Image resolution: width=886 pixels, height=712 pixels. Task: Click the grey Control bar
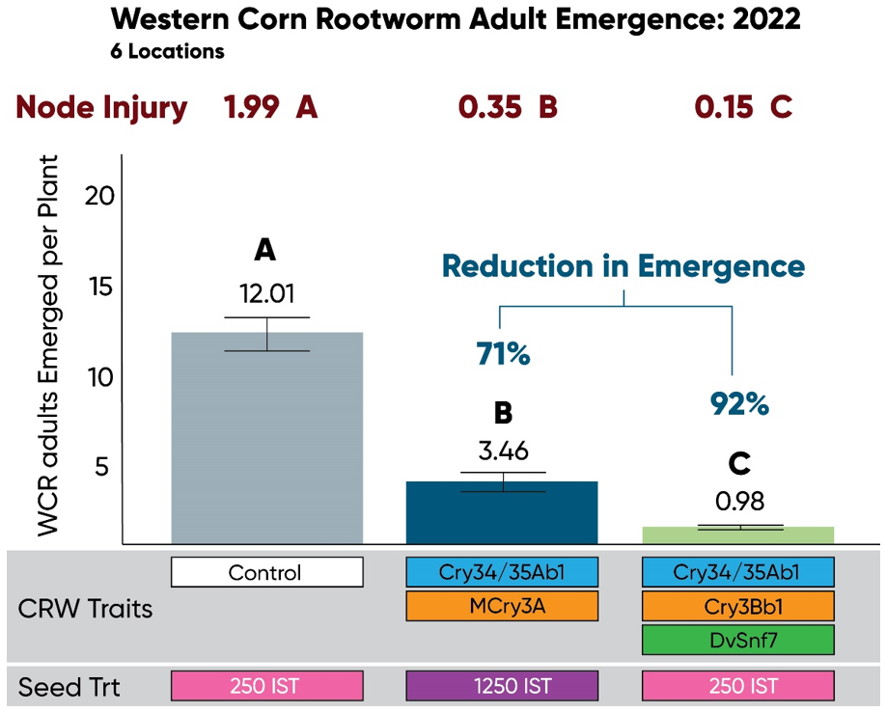coord(267,439)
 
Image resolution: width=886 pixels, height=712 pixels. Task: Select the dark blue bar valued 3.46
coord(502,512)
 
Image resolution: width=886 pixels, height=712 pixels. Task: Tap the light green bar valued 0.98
coord(738,535)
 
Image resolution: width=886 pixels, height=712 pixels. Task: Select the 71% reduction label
coord(503,355)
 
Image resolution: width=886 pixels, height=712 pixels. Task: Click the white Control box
coord(266,572)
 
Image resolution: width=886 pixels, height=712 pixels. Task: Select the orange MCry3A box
coord(502,605)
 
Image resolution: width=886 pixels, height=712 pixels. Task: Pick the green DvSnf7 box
coord(737,638)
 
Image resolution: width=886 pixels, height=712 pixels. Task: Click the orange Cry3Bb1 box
coord(737,605)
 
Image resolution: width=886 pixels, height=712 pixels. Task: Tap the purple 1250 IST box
coord(502,687)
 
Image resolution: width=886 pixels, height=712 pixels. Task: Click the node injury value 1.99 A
coord(270,108)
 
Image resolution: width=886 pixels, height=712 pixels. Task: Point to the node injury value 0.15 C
coord(743,108)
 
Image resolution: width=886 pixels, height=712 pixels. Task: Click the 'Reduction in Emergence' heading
coord(623,266)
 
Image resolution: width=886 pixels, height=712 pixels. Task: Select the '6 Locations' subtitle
coord(168,52)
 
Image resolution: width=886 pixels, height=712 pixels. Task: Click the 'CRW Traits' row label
coord(85,610)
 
